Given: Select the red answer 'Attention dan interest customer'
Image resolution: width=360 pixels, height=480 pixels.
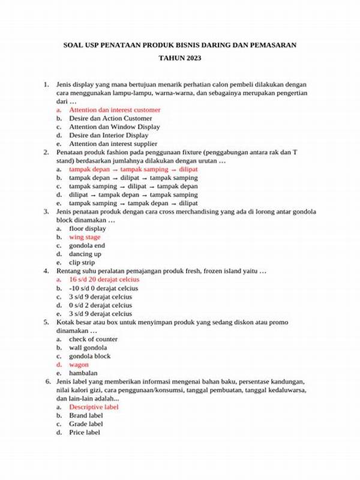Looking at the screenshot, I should (115, 110).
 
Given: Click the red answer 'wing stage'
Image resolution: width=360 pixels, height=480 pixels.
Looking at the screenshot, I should (85, 237).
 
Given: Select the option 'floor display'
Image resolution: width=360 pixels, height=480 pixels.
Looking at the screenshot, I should (88, 229).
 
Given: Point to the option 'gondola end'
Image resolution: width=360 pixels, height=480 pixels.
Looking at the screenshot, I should (87, 245).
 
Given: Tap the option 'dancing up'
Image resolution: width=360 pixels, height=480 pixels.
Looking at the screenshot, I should (85, 254).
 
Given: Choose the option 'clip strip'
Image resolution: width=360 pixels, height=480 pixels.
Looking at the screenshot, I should (82, 262).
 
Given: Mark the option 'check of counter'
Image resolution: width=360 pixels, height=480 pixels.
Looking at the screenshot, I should (94, 339).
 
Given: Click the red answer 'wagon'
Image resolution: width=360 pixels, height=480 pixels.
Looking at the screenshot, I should (79, 364).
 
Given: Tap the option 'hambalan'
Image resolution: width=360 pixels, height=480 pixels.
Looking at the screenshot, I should (83, 373).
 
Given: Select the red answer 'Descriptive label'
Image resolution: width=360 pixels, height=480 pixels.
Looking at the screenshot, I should (94, 407).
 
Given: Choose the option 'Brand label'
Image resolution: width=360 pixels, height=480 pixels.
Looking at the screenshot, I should (86, 415).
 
